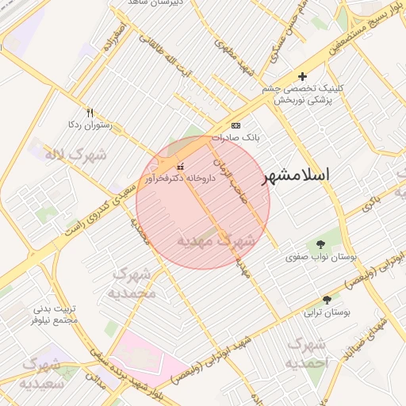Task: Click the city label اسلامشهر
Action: (x=316, y=174)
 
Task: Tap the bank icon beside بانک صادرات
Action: (x=236, y=125)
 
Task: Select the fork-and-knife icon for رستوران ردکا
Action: (x=90, y=113)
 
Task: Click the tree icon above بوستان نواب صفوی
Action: (x=321, y=244)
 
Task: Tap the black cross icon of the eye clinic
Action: (x=302, y=76)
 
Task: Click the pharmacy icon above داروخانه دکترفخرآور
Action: (x=181, y=167)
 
